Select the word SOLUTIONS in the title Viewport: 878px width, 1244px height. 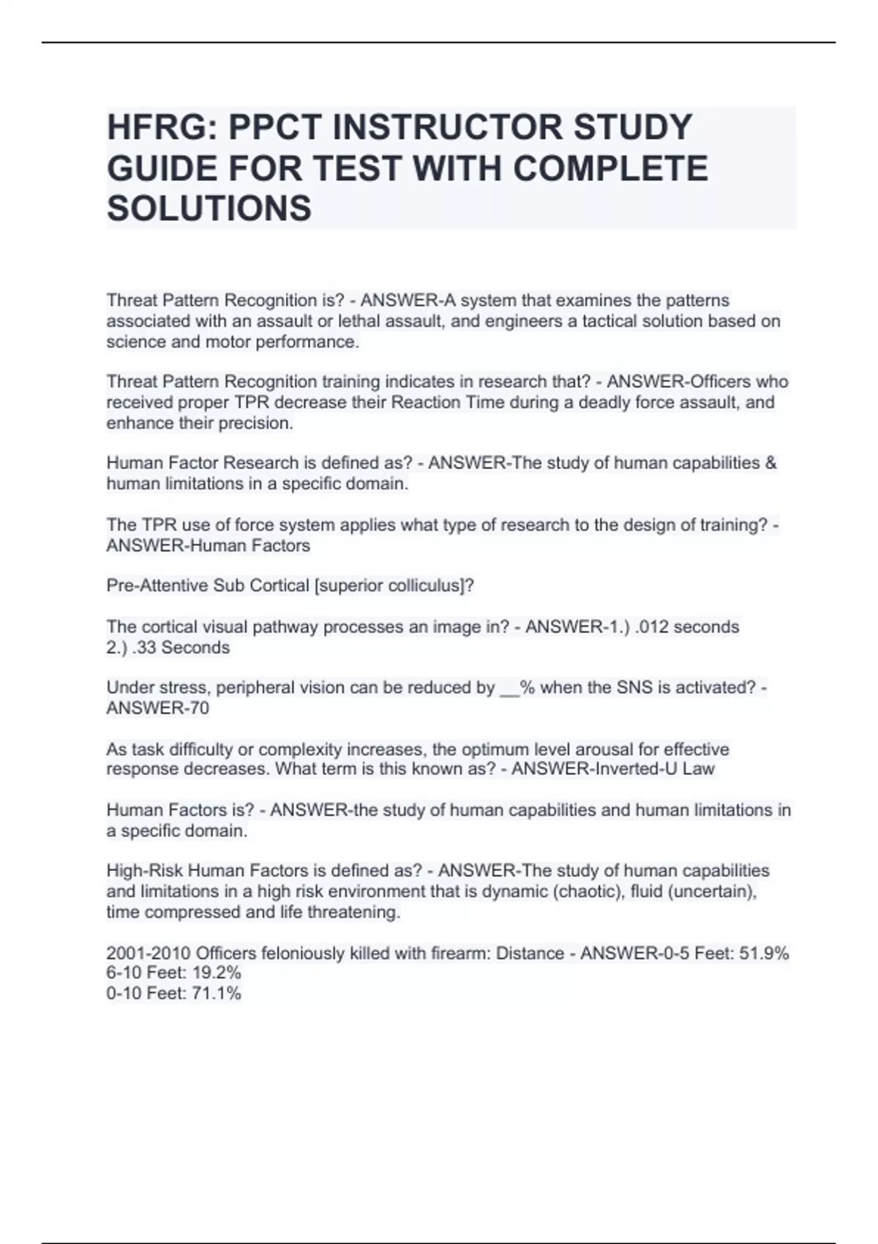pyautogui.click(x=209, y=209)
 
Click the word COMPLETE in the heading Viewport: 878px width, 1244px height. pyautogui.click(x=610, y=168)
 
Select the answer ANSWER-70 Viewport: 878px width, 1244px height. pyautogui.click(x=158, y=708)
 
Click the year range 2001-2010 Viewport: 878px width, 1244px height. pyautogui.click(x=149, y=953)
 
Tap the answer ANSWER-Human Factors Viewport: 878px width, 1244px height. pyautogui.click(x=209, y=546)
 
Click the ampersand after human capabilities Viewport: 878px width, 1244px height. pyautogui.click(x=770, y=463)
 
